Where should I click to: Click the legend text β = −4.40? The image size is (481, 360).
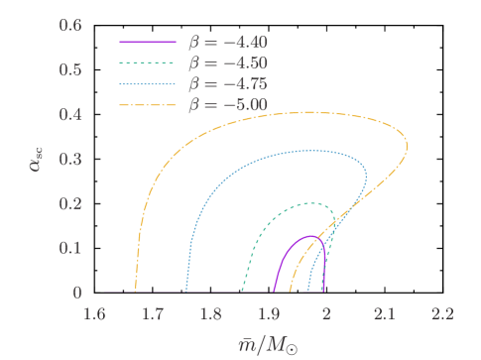click(227, 43)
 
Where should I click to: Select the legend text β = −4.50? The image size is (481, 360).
click(227, 62)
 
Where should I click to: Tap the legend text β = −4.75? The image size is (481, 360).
click(227, 82)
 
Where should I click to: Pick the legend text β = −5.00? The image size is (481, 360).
click(227, 102)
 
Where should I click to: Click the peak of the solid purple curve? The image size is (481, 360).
click(311, 236)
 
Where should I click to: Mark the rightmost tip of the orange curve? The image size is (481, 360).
click(407, 147)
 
